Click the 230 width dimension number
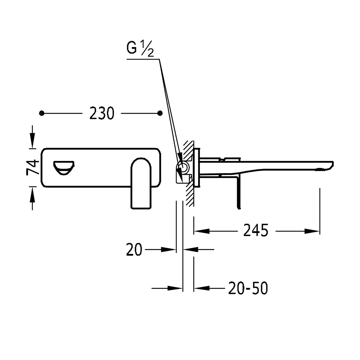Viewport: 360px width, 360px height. [102, 113]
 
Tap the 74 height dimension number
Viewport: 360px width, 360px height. [33, 167]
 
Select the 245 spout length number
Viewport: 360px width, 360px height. [256, 230]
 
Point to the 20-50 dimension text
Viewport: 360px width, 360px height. [248, 288]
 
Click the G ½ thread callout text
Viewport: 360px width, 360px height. [140, 48]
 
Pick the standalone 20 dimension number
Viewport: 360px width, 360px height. [134, 249]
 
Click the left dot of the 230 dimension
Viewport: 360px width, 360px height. [41, 113]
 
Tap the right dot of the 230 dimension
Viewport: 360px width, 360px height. [160, 113]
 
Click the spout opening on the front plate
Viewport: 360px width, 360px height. [64, 168]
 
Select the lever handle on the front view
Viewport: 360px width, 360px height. [141, 183]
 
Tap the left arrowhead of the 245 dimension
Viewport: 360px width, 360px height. [202, 231]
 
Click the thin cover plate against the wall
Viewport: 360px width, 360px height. [197, 168]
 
